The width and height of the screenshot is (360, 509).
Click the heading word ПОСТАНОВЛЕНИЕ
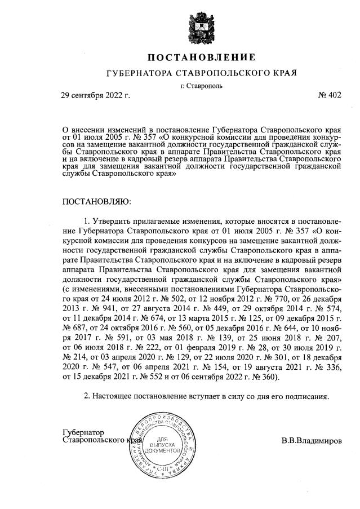(x=201, y=57)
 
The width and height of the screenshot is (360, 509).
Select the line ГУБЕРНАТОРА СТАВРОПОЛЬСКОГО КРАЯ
(x=201, y=74)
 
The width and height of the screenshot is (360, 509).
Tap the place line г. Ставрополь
(x=201, y=86)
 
